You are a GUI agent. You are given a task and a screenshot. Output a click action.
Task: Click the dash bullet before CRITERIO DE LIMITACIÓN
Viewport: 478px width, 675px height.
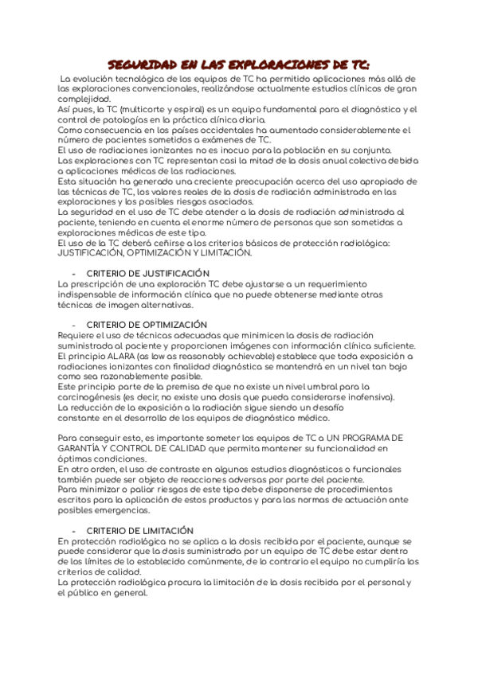[x=73, y=531]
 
